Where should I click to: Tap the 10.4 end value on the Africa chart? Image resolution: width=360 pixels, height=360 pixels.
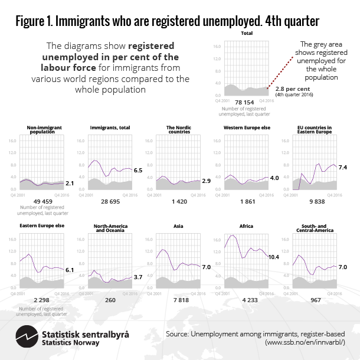coord(273,257)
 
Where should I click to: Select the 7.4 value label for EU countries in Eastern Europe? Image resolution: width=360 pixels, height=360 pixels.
coord(342,168)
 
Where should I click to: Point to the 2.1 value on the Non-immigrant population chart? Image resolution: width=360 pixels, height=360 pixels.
coord(68,184)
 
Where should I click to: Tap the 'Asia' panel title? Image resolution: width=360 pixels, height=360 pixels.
coord(178,226)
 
